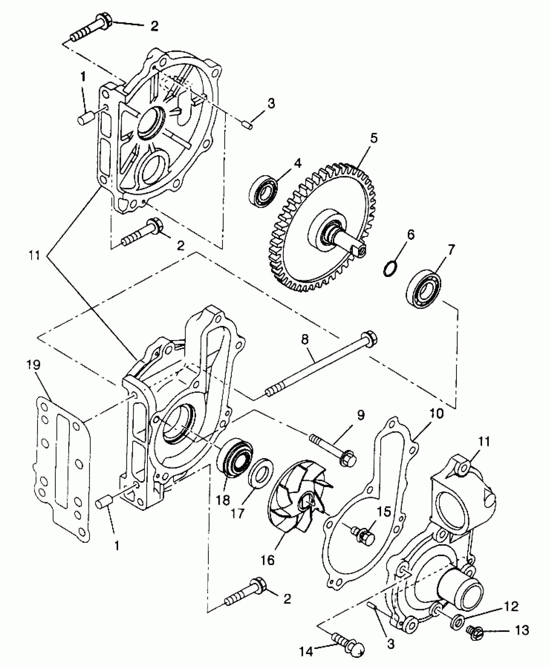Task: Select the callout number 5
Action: pyautogui.click(x=373, y=138)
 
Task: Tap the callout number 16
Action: pyautogui.click(x=267, y=559)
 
